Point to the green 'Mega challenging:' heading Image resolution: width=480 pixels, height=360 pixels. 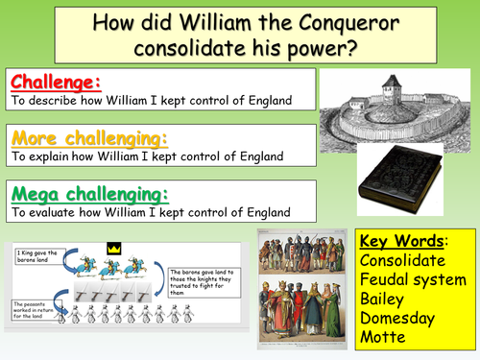click(x=87, y=193)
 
